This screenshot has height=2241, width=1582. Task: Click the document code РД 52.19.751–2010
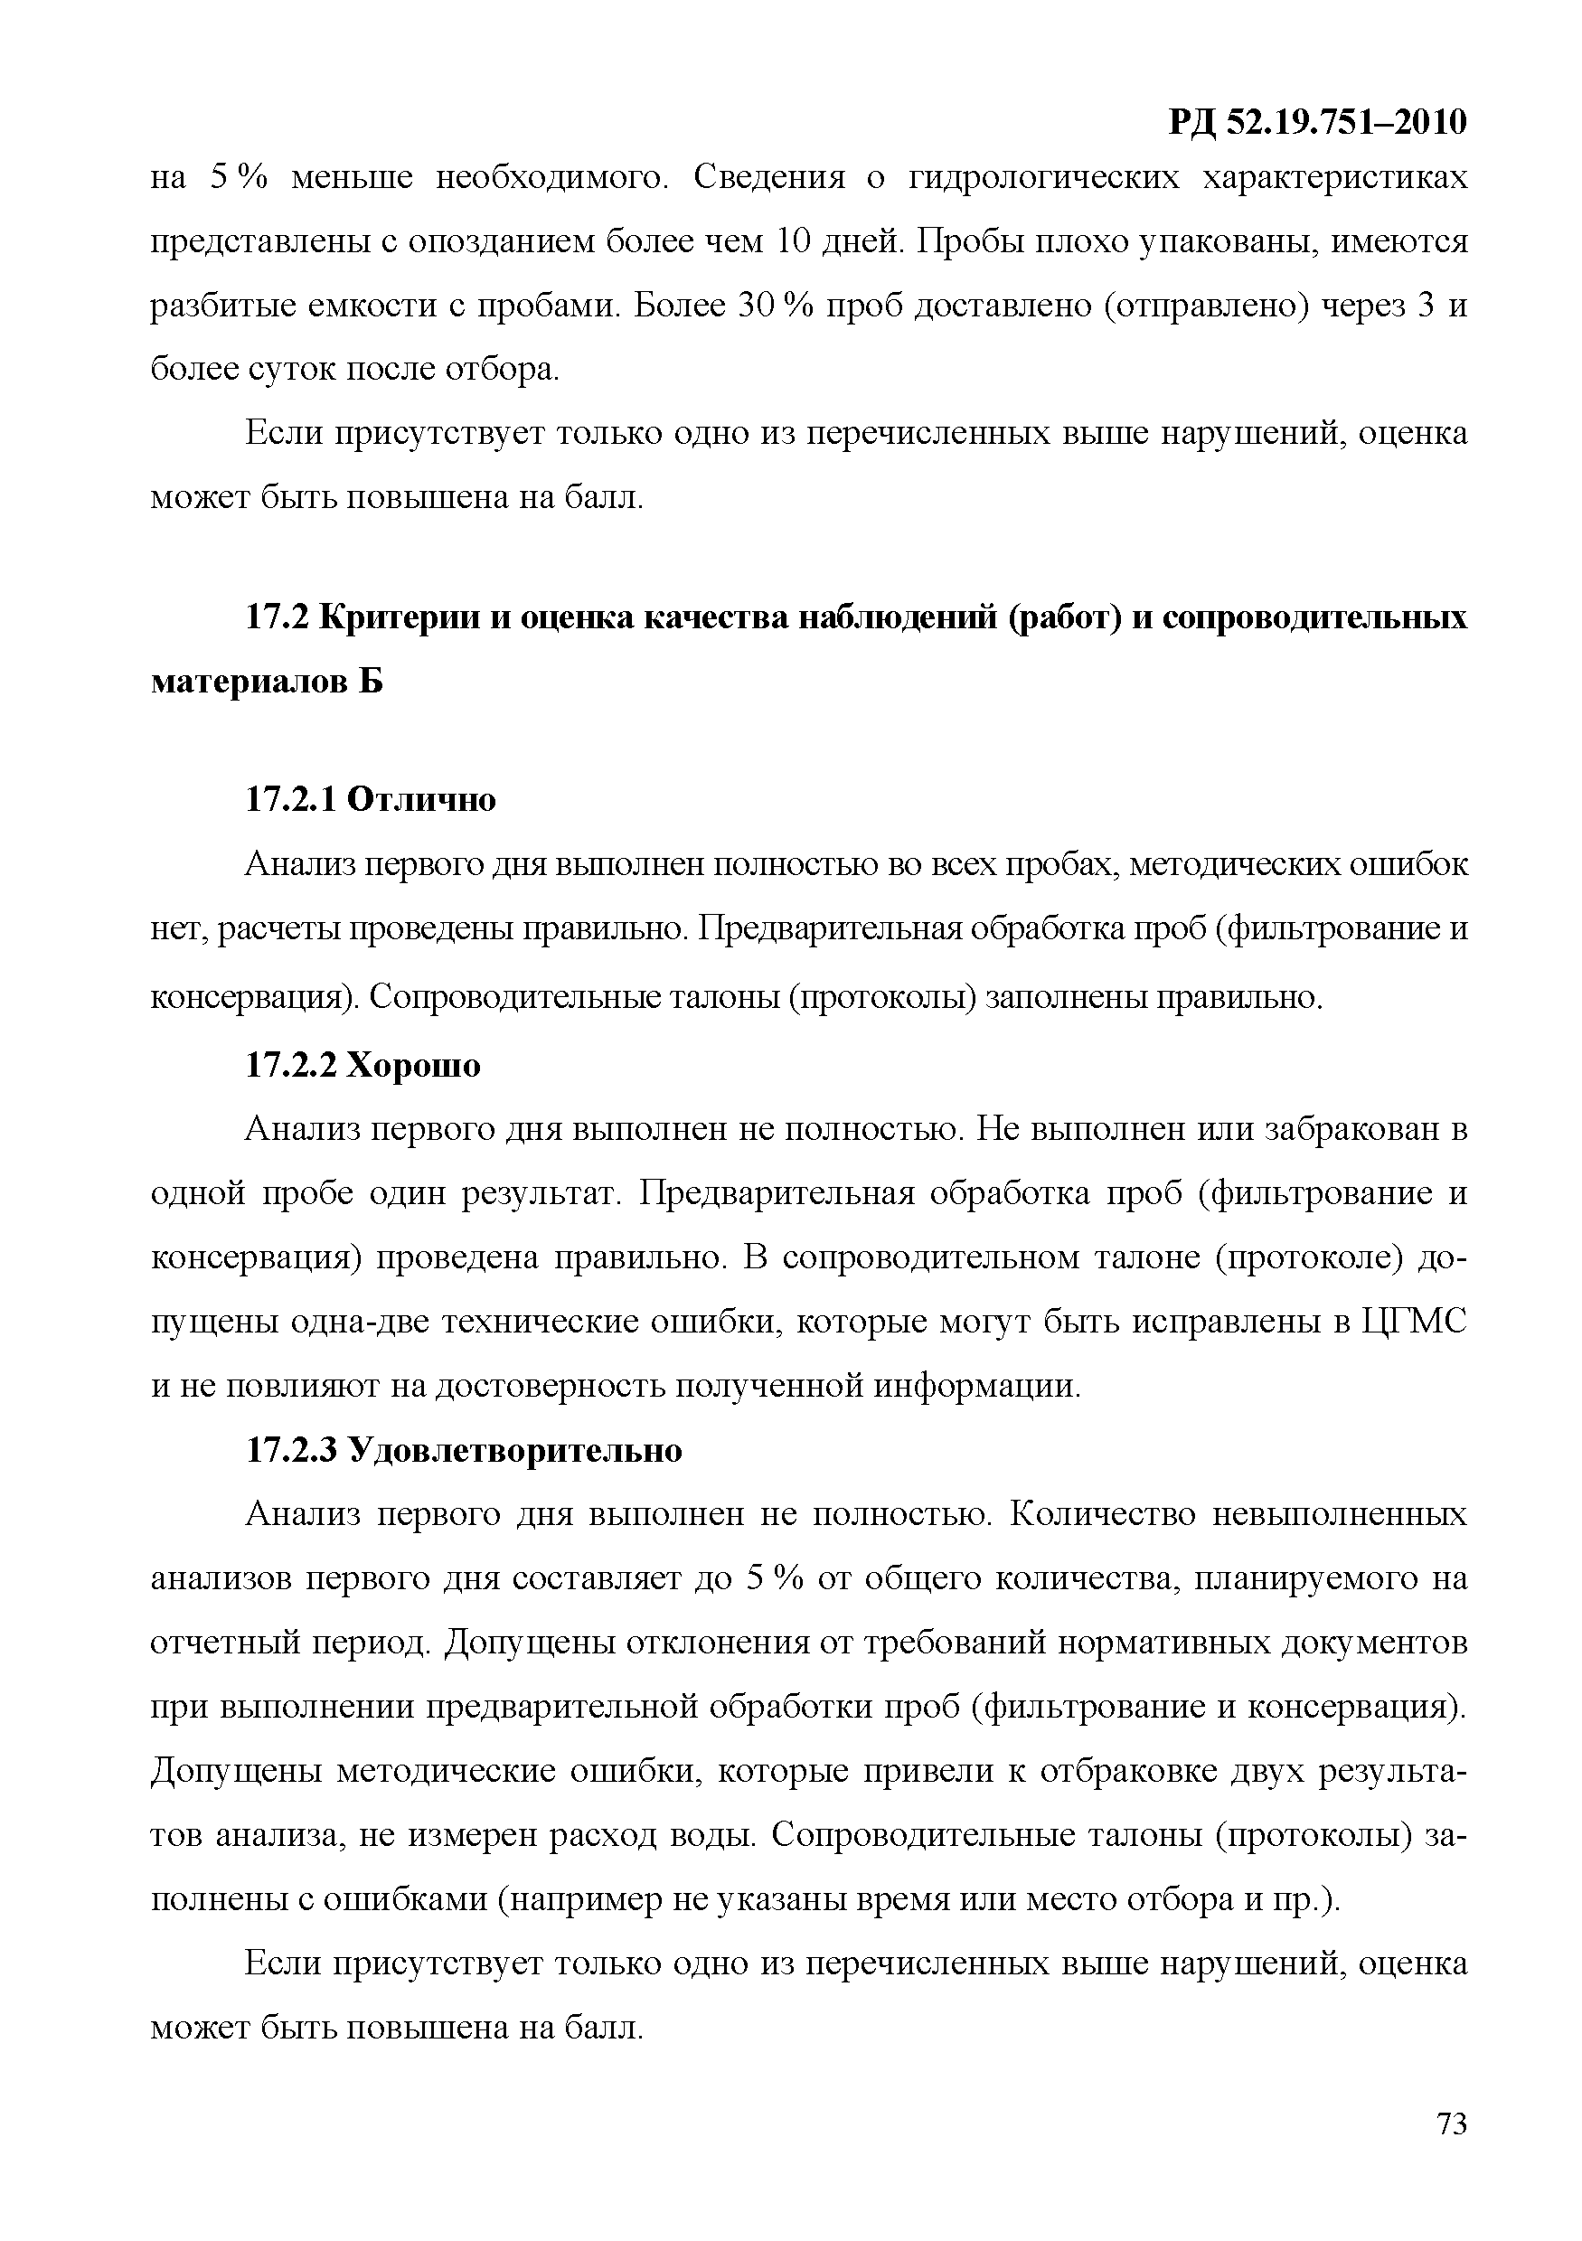coord(1316,122)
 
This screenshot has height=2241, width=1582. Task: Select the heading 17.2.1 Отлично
coord(370,799)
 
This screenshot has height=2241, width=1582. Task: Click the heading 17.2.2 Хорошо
coord(363,1065)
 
